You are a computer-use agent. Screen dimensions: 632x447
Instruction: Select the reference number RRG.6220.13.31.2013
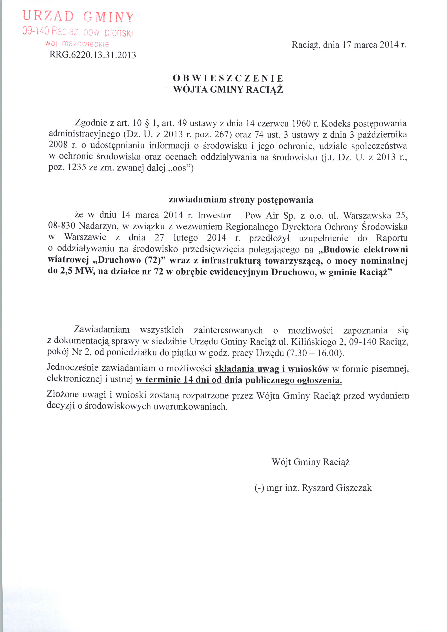point(92,55)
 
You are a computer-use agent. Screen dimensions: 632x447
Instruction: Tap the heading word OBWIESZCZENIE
point(228,78)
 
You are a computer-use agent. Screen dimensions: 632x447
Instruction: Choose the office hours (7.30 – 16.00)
point(315,353)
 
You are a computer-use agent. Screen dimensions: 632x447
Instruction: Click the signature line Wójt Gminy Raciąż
point(311,462)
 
